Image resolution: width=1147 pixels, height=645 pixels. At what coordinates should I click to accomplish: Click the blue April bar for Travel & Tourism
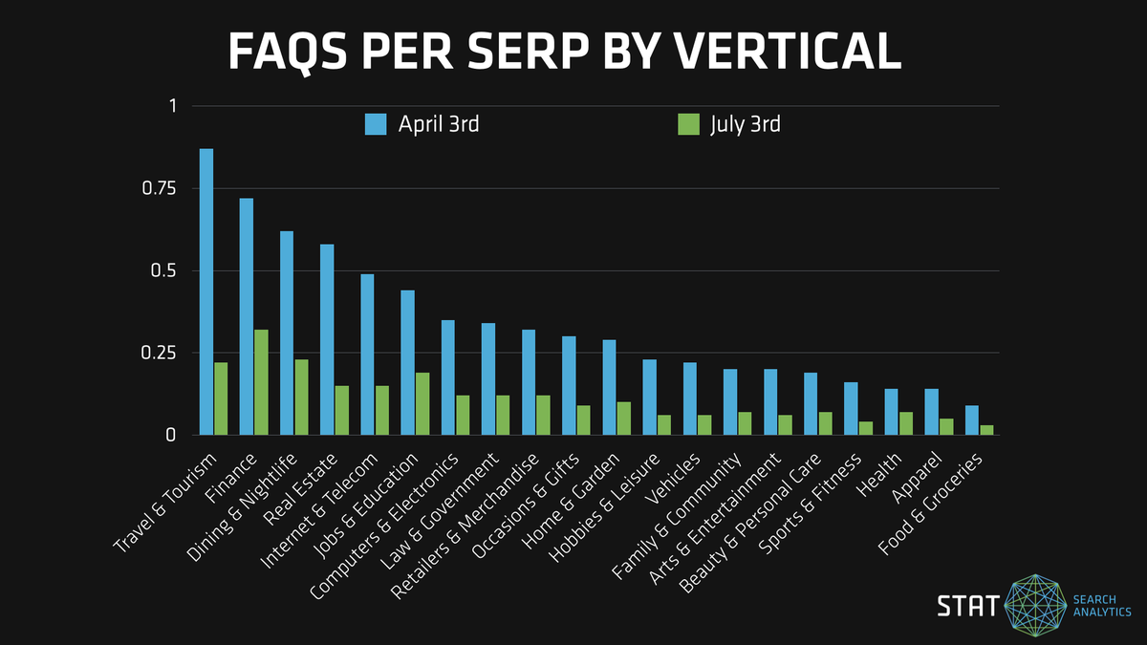(x=206, y=291)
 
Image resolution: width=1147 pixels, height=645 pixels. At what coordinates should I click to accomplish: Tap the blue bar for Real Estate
(x=327, y=339)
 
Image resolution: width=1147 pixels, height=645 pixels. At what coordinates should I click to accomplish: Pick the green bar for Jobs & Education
(x=422, y=403)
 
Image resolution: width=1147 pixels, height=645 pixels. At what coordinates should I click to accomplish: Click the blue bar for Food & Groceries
(x=971, y=420)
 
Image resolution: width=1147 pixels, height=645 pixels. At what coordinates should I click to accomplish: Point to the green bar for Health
(x=906, y=423)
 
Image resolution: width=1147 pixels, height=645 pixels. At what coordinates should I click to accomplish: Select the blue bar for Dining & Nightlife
(x=287, y=333)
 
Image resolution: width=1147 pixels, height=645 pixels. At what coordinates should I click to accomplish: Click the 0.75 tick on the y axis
(x=160, y=188)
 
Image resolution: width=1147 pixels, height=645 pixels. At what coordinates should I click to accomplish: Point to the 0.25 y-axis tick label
(x=160, y=353)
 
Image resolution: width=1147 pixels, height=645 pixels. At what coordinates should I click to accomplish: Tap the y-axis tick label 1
(x=173, y=106)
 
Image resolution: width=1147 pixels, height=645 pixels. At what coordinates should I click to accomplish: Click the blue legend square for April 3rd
(x=375, y=125)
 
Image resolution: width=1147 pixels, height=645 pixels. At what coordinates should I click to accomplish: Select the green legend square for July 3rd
(x=687, y=125)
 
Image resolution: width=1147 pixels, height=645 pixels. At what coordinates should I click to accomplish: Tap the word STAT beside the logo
(x=967, y=606)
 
